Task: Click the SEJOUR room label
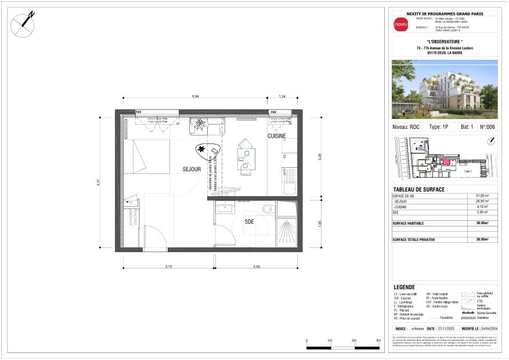click(x=191, y=170)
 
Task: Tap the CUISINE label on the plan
click(x=276, y=136)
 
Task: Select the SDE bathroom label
click(x=249, y=222)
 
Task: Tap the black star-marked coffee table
click(x=206, y=153)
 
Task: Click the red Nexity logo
click(x=400, y=25)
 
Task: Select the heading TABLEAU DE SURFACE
click(x=419, y=190)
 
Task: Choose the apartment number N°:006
click(x=487, y=126)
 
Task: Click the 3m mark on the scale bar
click(x=378, y=341)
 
